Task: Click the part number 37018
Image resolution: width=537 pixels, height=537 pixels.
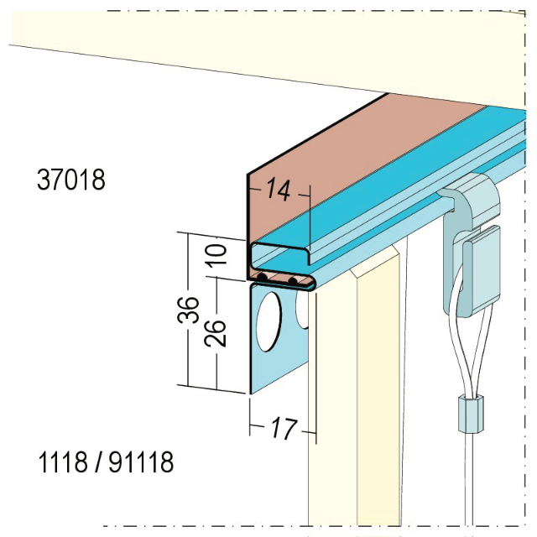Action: tap(71, 180)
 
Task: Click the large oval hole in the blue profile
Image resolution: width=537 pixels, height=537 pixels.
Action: tap(269, 321)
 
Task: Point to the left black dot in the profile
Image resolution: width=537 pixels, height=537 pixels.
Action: tap(263, 278)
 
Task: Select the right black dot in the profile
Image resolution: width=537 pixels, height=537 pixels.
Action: tap(293, 279)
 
